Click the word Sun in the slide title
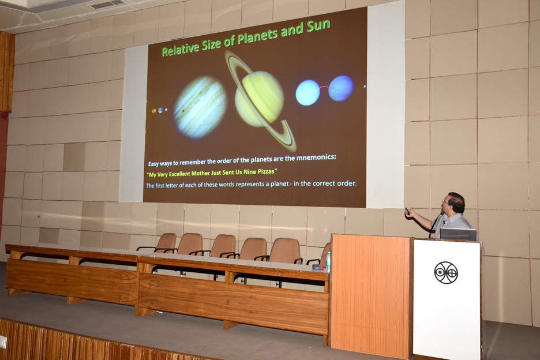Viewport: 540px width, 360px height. [x=318, y=26]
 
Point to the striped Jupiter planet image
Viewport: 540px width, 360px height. [x=200, y=107]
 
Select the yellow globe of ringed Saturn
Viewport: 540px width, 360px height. [x=259, y=99]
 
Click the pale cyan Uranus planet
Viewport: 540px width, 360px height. [x=308, y=93]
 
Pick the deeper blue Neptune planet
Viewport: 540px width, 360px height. [x=341, y=88]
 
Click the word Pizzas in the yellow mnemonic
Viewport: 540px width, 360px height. [x=267, y=171]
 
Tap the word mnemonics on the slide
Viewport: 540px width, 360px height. [x=316, y=157]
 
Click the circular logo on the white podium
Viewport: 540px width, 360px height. [x=446, y=272]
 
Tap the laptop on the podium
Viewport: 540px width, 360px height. [x=458, y=234]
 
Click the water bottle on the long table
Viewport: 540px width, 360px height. [x=328, y=261]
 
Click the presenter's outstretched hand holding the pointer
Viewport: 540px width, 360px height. [x=409, y=212]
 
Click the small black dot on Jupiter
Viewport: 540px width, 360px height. [x=182, y=111]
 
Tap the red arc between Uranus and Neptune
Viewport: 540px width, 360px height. [x=322, y=88]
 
